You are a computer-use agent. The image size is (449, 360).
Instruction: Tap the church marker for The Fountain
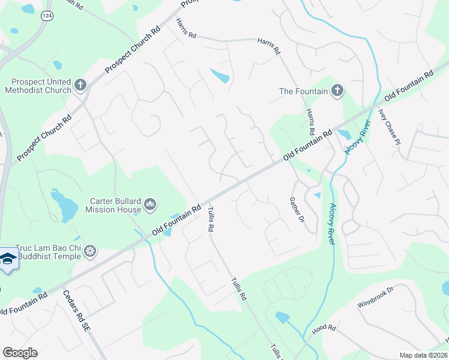click(x=337, y=91)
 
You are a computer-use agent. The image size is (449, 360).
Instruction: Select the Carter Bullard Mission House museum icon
click(x=150, y=205)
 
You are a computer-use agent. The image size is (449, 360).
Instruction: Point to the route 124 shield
click(x=46, y=16)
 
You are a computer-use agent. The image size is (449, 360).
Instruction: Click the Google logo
click(x=20, y=353)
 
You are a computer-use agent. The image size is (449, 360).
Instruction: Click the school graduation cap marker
click(x=7, y=259)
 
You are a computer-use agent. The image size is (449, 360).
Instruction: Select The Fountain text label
click(x=304, y=91)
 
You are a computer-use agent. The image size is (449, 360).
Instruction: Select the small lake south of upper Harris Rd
click(x=219, y=76)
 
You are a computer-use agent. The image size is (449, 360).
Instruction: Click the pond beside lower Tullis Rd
click(x=282, y=317)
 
